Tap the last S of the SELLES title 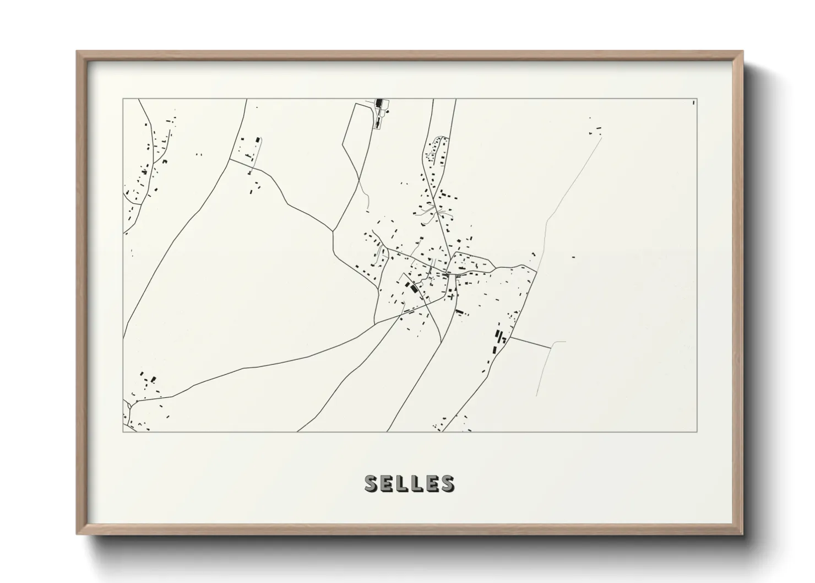447,483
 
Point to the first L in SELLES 401,483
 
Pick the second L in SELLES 416,483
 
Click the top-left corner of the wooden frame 77,52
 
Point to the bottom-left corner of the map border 123,432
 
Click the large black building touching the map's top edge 379,103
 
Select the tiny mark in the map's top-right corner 693,102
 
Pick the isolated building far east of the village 573,257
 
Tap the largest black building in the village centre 410,287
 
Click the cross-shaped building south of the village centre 452,296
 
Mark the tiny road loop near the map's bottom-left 128,404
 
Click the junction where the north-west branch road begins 230,160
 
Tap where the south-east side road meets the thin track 551,348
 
